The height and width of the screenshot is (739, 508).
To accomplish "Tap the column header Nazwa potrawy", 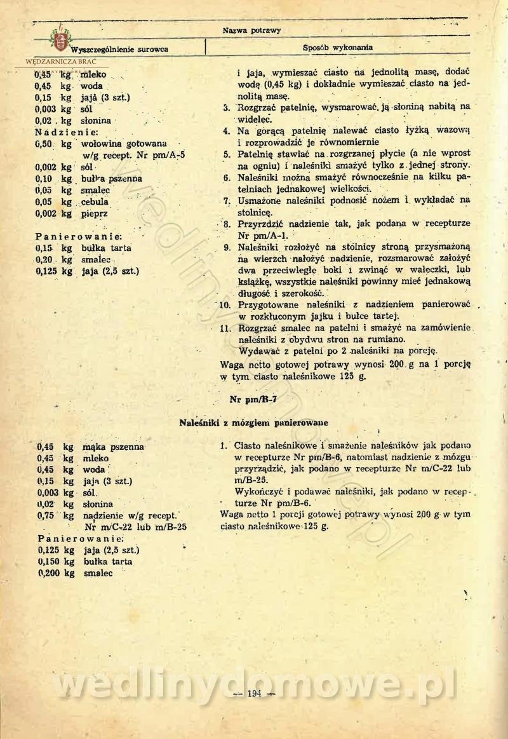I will pyautogui.click(x=252, y=30).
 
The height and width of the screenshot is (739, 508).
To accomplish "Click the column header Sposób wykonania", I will pyautogui.click(x=337, y=48).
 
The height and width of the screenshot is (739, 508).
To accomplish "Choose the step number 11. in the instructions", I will pyautogui.click(x=223, y=329).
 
